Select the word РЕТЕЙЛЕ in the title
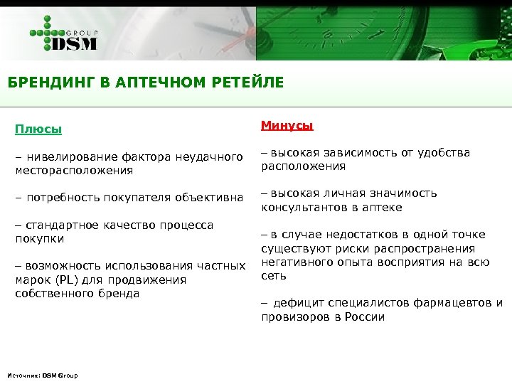point(247,83)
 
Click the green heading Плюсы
point(38,129)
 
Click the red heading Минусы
point(287,126)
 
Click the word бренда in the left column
point(121,293)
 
